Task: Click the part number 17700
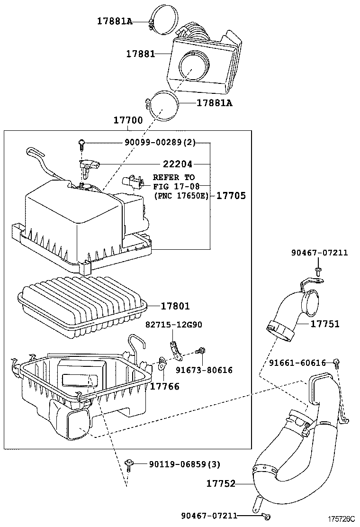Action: [128, 120]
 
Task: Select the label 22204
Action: [178, 164]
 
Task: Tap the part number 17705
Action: [231, 196]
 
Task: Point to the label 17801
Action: [175, 306]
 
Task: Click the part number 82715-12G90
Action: [174, 325]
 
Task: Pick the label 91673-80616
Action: [204, 370]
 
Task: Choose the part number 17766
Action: [164, 387]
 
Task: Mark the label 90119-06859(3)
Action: [185, 464]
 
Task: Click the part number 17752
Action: [221, 483]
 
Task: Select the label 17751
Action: [325, 324]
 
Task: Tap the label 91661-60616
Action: [297, 363]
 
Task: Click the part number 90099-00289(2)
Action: [160, 143]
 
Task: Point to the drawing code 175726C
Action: [342, 519]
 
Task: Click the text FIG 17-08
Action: [176, 186]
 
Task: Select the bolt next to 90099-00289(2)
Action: [81, 145]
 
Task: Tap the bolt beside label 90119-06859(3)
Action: [128, 465]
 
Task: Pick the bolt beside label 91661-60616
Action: [336, 363]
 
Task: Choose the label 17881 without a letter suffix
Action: [141, 54]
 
